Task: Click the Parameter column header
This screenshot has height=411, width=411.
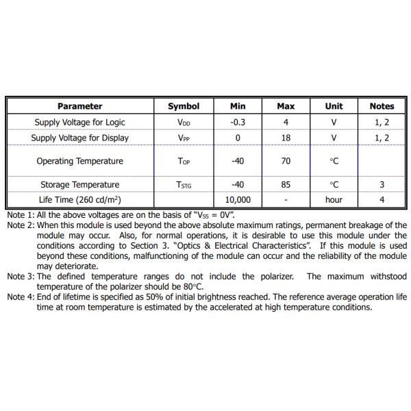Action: point(80,106)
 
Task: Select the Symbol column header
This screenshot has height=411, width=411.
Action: point(184,106)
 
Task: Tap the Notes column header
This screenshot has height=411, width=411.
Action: point(382,106)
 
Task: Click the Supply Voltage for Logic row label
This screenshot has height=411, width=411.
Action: point(80,122)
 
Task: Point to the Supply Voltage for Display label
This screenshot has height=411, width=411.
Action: point(80,138)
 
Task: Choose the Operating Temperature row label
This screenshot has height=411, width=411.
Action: point(80,161)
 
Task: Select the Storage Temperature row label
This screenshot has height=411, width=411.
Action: point(80,184)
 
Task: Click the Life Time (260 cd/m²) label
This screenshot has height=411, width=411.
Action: point(80,200)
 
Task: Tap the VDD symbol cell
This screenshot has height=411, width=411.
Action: point(184,123)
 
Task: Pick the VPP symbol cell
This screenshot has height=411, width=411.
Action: point(184,138)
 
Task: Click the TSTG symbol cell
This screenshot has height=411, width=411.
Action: point(184,185)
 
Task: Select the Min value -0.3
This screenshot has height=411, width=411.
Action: point(238,122)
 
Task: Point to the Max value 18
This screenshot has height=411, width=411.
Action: point(286,138)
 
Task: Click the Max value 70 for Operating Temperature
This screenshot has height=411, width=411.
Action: point(286,161)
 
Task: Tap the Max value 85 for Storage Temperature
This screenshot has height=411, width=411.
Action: point(286,184)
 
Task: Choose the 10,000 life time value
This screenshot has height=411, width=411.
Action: point(238,200)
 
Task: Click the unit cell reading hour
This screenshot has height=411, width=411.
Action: point(334,200)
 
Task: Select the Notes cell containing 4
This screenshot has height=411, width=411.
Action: point(382,200)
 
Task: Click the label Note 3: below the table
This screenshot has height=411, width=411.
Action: point(21,277)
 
